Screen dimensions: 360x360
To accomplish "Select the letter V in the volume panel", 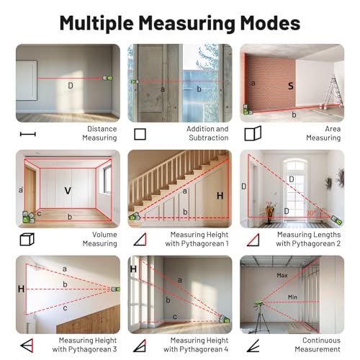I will pos(68,191).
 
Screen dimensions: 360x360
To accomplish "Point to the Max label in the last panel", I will pos(282,275).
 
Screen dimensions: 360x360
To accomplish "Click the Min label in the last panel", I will pos(292,297).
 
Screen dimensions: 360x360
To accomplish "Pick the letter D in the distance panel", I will pos(71,86).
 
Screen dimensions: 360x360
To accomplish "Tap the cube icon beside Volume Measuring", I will pos(27,239).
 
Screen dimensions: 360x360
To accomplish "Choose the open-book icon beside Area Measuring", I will pos(251,134).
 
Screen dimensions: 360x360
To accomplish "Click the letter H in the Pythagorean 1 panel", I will pos(220,195).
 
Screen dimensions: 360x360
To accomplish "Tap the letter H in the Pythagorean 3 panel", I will pos(21,289).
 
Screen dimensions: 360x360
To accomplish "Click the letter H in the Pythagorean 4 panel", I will pos(134,269).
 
